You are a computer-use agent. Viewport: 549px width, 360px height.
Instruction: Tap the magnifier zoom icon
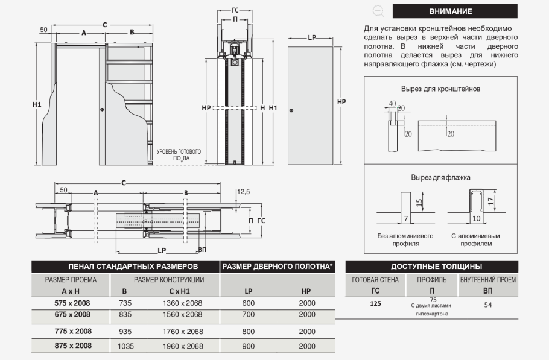pyautogui.click(x=378, y=11)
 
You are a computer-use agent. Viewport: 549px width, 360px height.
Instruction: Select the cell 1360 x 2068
pyautogui.click(x=183, y=303)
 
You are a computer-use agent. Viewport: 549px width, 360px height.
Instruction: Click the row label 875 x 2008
pyautogui.click(x=71, y=346)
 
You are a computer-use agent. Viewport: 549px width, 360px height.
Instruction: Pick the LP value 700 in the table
pyautogui.click(x=248, y=315)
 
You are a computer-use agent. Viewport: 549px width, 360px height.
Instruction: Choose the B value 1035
pyautogui.click(x=125, y=346)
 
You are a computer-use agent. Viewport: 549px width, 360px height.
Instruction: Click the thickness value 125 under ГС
pyautogui.click(x=375, y=304)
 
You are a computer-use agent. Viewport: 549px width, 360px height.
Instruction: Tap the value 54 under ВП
pyautogui.click(x=488, y=305)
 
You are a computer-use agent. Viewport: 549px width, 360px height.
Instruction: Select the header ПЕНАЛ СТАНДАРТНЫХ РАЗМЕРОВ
pyautogui.click(x=125, y=266)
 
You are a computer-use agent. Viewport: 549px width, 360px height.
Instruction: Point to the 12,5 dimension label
pyautogui.click(x=243, y=191)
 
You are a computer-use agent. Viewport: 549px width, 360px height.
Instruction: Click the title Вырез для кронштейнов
pyautogui.click(x=440, y=89)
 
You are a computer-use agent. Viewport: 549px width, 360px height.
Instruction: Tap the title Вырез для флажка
pyautogui.click(x=440, y=177)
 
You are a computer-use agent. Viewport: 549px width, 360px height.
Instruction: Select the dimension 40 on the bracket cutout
pyautogui.click(x=392, y=103)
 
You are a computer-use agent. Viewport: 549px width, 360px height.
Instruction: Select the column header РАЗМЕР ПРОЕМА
pyautogui.click(x=71, y=280)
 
